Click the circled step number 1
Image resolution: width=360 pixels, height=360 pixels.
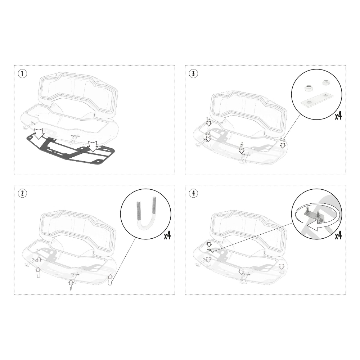pyautogui.click(x=22, y=73)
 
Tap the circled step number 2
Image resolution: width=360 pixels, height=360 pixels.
pyautogui.click(x=22, y=193)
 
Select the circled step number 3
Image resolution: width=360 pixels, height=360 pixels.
pyautogui.click(x=193, y=73)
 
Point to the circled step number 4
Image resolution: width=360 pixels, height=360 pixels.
pyautogui.click(x=193, y=193)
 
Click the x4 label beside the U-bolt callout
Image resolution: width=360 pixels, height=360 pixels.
pyautogui.click(x=167, y=235)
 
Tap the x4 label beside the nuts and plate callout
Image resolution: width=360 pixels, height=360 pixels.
pyautogui.click(x=338, y=116)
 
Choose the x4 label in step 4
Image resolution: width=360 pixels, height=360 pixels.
pyautogui.click(x=338, y=235)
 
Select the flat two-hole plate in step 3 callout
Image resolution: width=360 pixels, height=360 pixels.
pyautogui.click(x=316, y=99)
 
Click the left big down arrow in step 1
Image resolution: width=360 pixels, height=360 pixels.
pyautogui.click(x=39, y=134)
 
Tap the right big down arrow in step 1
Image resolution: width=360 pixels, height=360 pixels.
pyautogui.click(x=93, y=147)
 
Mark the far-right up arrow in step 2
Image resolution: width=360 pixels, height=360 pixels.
pyautogui.click(x=110, y=276)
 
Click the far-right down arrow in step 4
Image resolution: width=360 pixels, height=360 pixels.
pyautogui.click(x=282, y=266)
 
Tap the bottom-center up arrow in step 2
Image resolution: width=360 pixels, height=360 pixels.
pyautogui.click(x=71, y=282)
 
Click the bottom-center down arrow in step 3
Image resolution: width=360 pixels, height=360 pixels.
pyautogui.click(x=241, y=151)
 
